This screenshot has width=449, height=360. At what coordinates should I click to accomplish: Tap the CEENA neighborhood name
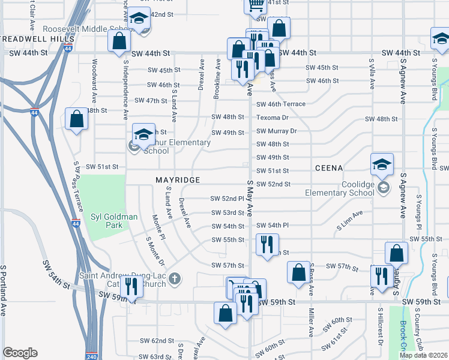click(328, 169)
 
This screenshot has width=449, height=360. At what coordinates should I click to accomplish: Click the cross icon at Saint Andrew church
click(175, 278)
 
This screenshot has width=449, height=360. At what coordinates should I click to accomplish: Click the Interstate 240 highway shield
click(91, 355)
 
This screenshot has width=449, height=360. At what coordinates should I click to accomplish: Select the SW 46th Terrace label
click(281, 104)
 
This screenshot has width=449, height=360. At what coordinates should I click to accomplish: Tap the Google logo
click(20, 353)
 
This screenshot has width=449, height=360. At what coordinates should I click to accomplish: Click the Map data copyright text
click(423, 355)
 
